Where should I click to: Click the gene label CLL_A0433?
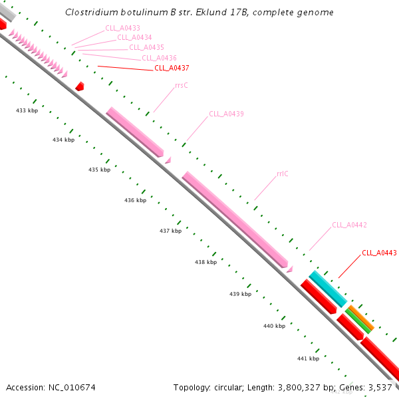(122, 28)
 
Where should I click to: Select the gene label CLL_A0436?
(159, 58)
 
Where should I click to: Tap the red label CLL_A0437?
(172, 68)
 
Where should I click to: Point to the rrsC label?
(182, 85)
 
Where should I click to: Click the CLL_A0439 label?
(226, 114)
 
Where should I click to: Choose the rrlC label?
(282, 174)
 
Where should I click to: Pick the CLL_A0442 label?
(349, 225)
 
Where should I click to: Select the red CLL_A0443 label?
(379, 253)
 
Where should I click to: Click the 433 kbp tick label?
(27, 110)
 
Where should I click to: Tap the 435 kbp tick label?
(99, 170)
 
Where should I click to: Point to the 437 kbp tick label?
(170, 231)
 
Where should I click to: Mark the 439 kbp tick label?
(240, 293)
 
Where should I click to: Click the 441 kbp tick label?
(308, 358)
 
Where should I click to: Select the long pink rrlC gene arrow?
(234, 218)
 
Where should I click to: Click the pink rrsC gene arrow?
(134, 132)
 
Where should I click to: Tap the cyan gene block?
(327, 289)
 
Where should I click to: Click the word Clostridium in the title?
(91, 13)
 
